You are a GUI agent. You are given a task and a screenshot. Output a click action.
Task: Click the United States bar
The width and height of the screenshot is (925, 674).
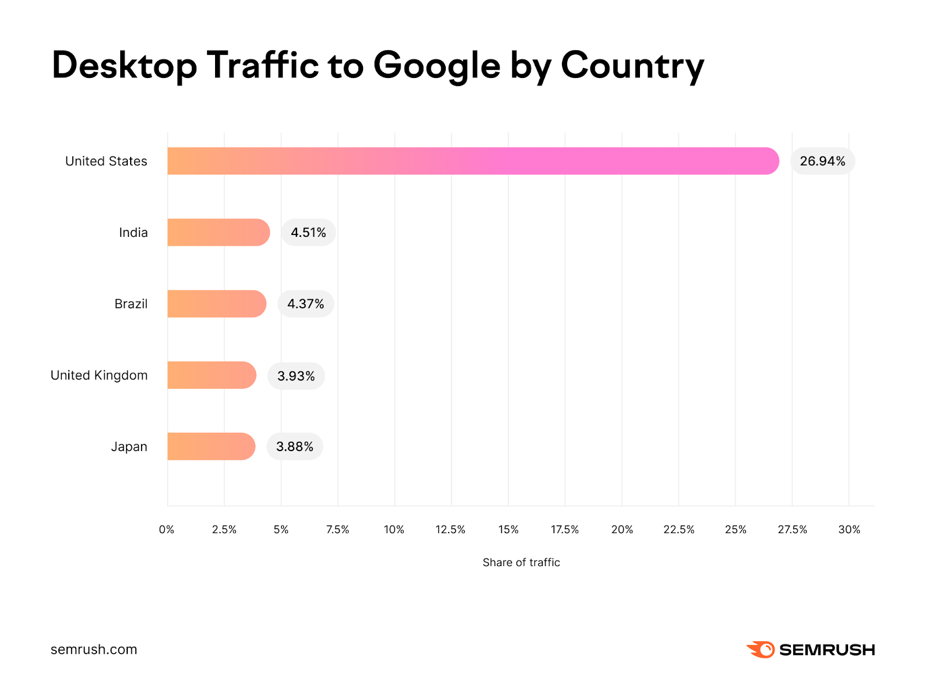tap(473, 161)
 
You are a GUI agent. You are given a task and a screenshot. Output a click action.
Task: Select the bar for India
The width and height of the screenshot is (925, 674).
tap(219, 232)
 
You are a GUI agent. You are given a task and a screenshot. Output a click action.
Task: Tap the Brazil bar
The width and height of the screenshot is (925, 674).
tap(217, 304)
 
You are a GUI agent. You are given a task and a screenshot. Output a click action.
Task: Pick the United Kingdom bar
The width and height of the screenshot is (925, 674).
tap(212, 375)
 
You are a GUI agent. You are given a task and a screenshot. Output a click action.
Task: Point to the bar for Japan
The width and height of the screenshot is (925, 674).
tap(211, 446)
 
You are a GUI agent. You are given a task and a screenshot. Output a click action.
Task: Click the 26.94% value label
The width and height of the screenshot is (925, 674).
tap(822, 161)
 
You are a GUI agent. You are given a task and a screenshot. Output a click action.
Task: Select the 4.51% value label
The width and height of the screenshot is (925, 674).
tap(308, 232)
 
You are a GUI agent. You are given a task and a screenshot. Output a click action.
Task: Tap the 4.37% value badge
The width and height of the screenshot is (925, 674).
tap(305, 304)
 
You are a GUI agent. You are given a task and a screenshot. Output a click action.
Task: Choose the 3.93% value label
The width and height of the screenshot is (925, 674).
tap(296, 376)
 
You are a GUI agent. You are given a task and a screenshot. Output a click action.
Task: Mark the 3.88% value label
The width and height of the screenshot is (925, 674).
tap(294, 446)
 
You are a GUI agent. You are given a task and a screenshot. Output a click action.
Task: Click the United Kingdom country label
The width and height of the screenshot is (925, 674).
tap(99, 375)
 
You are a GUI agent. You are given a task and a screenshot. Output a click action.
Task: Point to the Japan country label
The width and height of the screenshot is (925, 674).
tap(129, 446)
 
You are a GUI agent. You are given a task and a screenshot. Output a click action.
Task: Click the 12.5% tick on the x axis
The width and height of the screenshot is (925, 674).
tap(450, 530)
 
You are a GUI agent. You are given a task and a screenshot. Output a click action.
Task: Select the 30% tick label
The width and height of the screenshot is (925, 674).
tap(849, 530)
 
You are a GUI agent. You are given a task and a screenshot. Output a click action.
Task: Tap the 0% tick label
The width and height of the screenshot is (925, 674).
tap(166, 530)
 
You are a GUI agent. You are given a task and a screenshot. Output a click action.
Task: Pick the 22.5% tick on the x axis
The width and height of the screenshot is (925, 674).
tap(679, 530)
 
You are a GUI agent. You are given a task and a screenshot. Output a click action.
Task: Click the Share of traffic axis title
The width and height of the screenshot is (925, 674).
tap(521, 563)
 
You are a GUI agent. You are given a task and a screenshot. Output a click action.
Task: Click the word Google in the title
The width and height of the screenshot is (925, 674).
tap(436, 66)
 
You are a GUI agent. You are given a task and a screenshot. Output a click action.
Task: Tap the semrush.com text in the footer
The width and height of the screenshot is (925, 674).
tap(94, 649)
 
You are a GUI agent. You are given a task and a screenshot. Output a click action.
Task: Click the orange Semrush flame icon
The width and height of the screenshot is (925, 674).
tap(761, 650)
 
